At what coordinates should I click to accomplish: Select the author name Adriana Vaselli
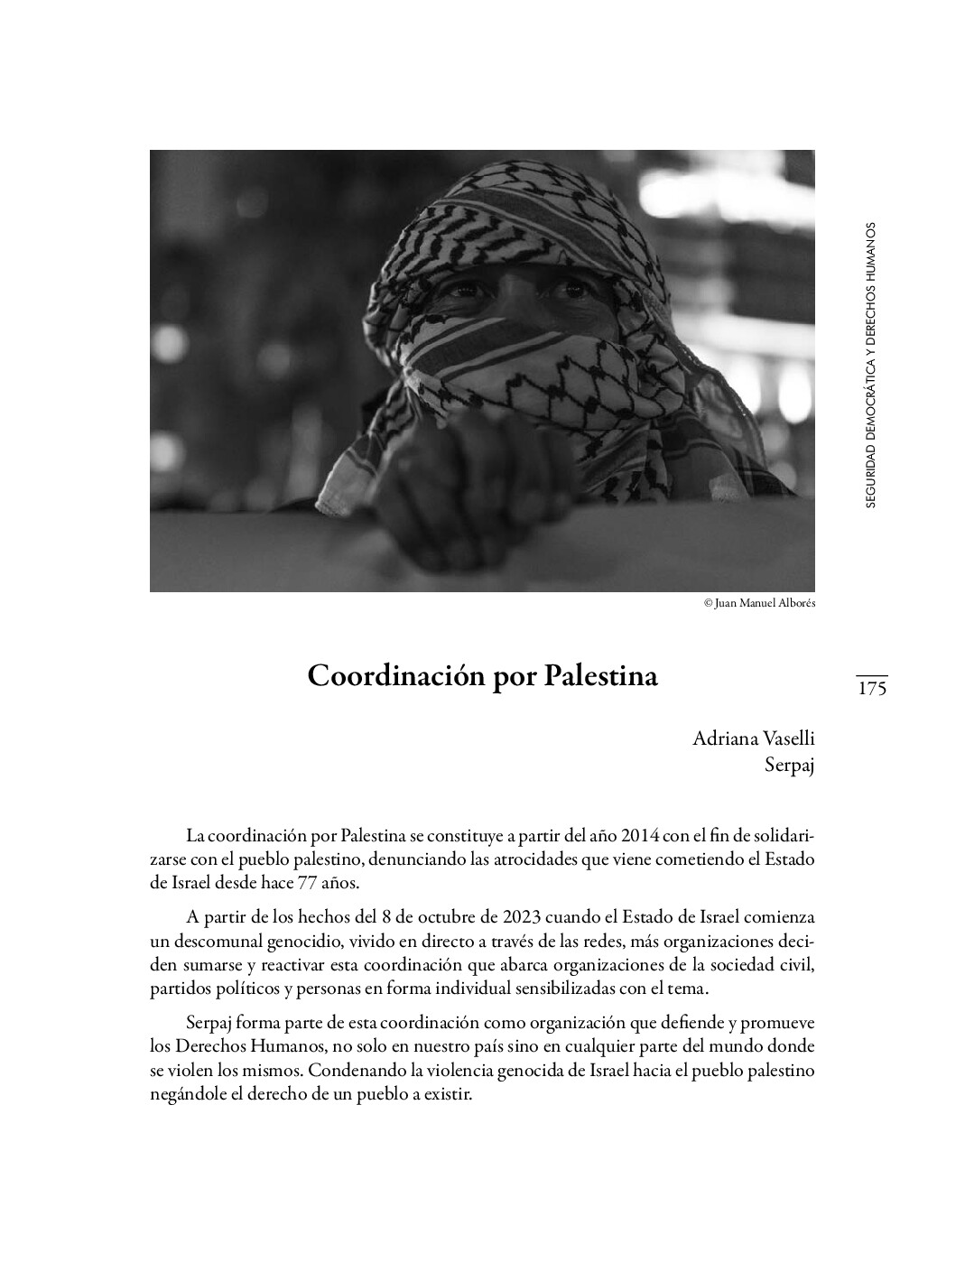tap(753, 738)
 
